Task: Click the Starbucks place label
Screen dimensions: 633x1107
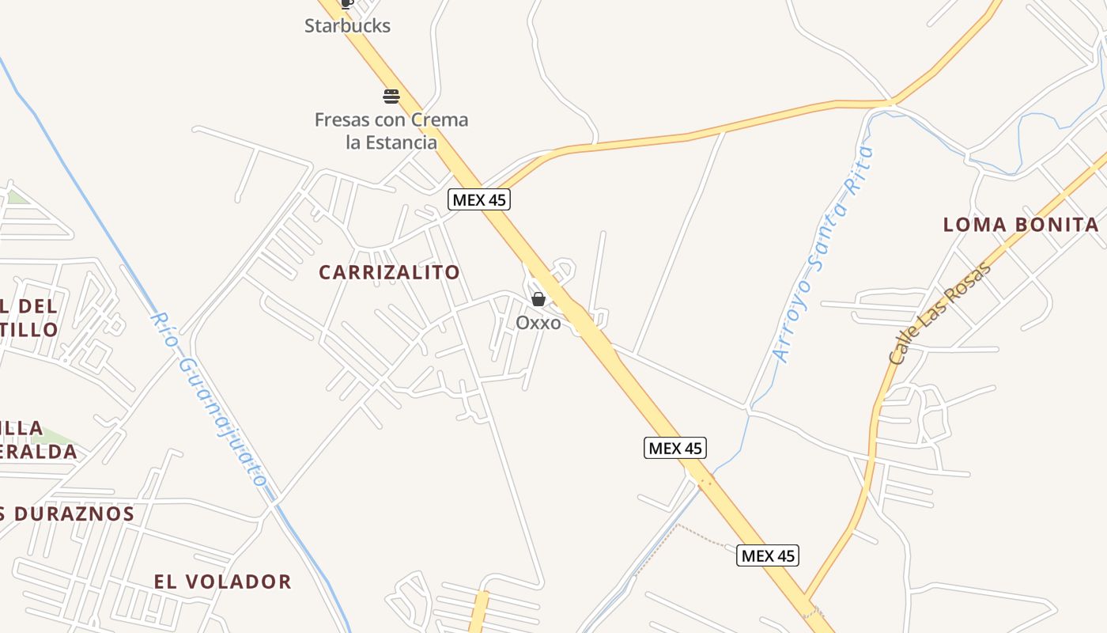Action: click(347, 25)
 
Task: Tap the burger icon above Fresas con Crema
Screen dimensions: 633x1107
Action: click(391, 97)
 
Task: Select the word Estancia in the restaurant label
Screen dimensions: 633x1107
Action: click(402, 142)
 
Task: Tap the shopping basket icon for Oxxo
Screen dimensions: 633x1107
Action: click(538, 299)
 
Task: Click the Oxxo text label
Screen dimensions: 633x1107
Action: click(538, 323)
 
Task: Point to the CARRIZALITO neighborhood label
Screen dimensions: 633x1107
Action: click(389, 272)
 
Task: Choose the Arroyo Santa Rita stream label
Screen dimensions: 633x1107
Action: click(825, 255)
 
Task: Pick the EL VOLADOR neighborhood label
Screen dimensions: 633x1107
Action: click(223, 582)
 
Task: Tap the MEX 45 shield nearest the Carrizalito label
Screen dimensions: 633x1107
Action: click(479, 199)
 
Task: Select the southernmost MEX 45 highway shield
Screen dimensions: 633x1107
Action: click(768, 555)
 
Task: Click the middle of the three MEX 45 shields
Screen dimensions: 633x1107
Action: click(674, 448)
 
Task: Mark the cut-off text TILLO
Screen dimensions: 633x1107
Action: click(28, 329)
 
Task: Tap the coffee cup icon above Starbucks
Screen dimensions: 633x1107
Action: click(346, 3)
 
